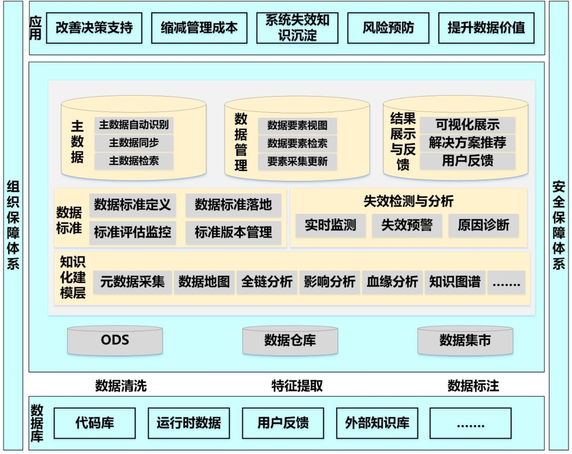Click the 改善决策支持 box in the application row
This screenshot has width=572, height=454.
[x=94, y=28]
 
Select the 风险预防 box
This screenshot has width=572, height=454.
[x=388, y=28]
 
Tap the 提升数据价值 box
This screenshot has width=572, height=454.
[x=486, y=28]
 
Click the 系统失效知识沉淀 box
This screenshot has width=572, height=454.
[x=297, y=28]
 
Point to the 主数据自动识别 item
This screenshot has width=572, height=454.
[x=134, y=125]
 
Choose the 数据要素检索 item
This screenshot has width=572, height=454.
[x=297, y=143]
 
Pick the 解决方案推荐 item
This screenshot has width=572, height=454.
[x=467, y=143]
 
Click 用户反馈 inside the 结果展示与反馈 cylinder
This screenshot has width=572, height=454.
[x=467, y=161]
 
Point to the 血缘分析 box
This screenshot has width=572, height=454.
[x=392, y=282]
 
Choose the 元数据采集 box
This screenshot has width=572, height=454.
[x=132, y=282]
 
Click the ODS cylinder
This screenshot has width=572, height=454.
[x=115, y=340]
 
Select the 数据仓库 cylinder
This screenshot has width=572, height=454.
[x=290, y=340]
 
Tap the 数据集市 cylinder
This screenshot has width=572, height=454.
[x=465, y=340]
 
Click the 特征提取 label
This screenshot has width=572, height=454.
[x=297, y=386]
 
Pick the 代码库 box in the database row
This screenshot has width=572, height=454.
[x=95, y=423]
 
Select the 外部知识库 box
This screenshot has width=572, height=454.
[x=377, y=423]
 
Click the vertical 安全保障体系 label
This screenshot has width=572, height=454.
[x=559, y=226]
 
